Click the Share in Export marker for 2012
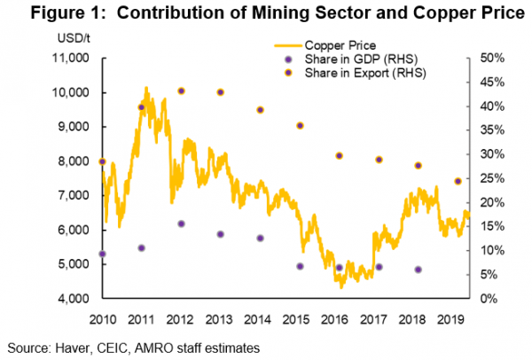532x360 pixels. (x=181, y=90)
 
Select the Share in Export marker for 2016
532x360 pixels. (x=339, y=155)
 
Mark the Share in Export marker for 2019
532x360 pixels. (x=458, y=181)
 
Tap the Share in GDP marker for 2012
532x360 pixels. (x=181, y=223)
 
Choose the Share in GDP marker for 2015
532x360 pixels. (x=300, y=266)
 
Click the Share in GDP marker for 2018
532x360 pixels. (x=418, y=269)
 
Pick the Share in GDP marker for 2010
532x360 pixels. (x=102, y=254)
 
